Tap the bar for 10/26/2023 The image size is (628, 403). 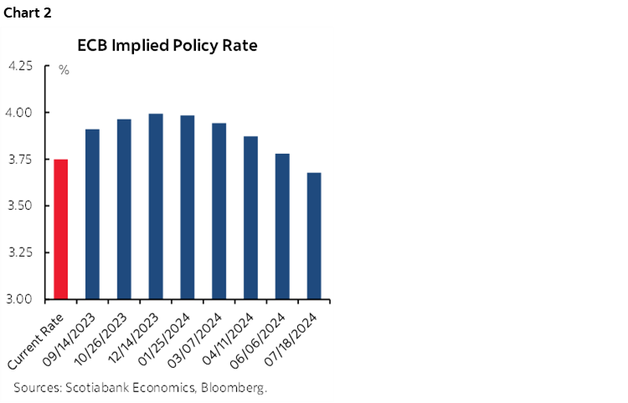tap(124, 209)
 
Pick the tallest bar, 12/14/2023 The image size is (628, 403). tap(156, 207)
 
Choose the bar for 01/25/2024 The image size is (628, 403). tap(188, 207)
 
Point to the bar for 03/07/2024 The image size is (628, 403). tap(219, 211)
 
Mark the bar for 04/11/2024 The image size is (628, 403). tap(251, 217)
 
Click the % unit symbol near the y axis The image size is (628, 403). tap(64, 70)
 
